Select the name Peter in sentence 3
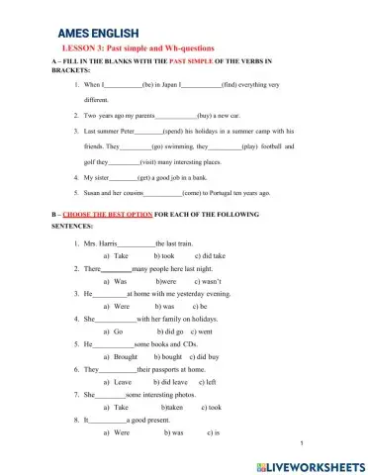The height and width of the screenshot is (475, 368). tap(122, 131)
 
